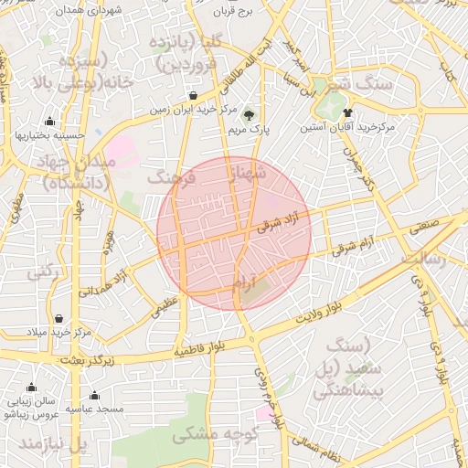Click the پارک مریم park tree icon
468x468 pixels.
pyautogui.click(x=249, y=114)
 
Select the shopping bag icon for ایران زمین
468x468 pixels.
pyautogui.click(x=194, y=95)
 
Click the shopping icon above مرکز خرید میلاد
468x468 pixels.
pyautogui.click(x=59, y=319)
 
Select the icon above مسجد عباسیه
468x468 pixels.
pyautogui.click(x=94, y=396)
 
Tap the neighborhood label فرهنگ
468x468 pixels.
pyautogui.click(x=171, y=176)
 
